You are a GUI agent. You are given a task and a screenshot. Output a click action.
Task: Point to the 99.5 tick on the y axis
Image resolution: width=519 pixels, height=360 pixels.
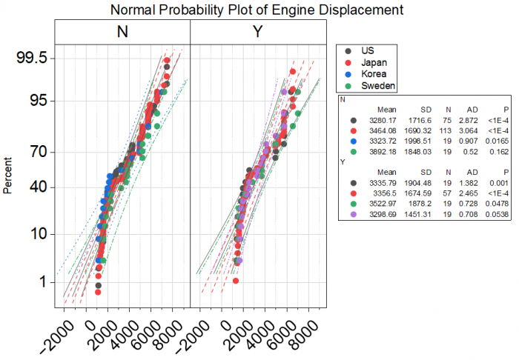point(33,59)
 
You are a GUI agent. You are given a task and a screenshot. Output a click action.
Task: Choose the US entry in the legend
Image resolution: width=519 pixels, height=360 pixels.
point(367,50)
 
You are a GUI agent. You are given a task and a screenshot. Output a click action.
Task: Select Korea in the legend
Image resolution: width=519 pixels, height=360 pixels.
point(373,74)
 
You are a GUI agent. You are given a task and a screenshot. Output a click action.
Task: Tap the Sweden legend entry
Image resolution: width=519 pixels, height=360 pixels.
point(377,86)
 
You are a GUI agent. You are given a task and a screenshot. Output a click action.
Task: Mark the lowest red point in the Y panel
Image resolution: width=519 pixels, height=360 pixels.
point(236,281)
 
